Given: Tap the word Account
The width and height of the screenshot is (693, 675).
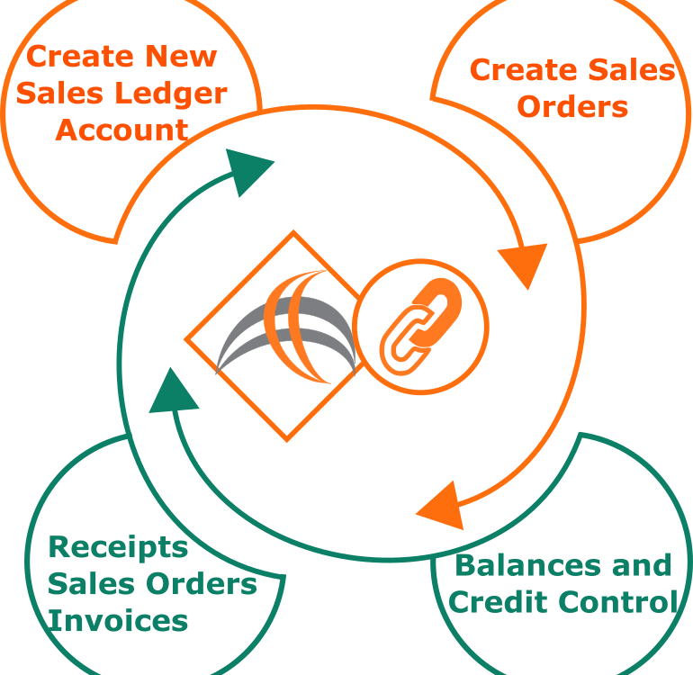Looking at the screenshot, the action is (122, 130).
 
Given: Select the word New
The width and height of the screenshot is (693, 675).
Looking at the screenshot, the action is (181, 57).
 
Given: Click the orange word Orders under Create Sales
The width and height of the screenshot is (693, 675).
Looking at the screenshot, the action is (572, 107).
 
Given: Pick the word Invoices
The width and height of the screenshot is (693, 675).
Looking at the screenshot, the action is (118, 621).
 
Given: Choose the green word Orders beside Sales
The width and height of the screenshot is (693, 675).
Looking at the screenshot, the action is (201, 584).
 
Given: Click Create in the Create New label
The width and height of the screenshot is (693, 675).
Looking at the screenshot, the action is (81, 57).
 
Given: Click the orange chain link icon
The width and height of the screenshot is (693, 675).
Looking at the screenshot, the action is (420, 327).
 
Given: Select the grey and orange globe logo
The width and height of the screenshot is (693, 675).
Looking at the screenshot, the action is (285, 327).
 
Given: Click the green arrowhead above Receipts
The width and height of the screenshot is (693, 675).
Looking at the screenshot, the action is (173, 392).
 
